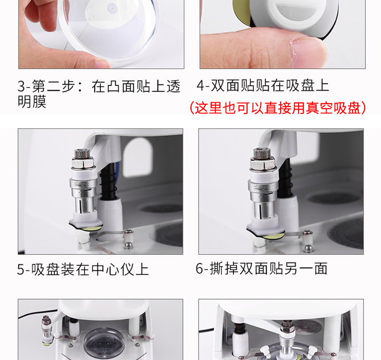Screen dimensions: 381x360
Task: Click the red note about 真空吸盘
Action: pos(278,108)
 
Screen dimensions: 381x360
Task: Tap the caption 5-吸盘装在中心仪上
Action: pos(83,269)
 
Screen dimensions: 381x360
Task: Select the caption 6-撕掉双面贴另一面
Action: pos(261,269)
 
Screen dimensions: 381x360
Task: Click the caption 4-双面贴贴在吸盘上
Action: pos(263,85)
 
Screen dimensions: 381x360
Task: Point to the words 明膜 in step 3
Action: pos(32,101)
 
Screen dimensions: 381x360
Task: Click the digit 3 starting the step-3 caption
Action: pos(21,86)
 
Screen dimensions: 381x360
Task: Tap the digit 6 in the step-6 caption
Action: pos(199,269)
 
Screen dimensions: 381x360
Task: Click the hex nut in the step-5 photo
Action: pos(83,163)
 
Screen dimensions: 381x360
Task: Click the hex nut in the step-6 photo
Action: pos(263,163)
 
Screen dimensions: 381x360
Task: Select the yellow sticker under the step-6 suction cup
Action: pos(273,235)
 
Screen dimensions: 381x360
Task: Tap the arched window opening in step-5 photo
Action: pos(137,157)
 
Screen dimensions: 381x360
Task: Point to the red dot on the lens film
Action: pos(113,8)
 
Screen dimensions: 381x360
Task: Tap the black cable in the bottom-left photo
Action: pos(37,313)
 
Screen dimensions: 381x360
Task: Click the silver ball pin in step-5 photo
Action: pos(129,245)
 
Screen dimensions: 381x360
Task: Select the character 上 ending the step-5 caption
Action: pos(142,269)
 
